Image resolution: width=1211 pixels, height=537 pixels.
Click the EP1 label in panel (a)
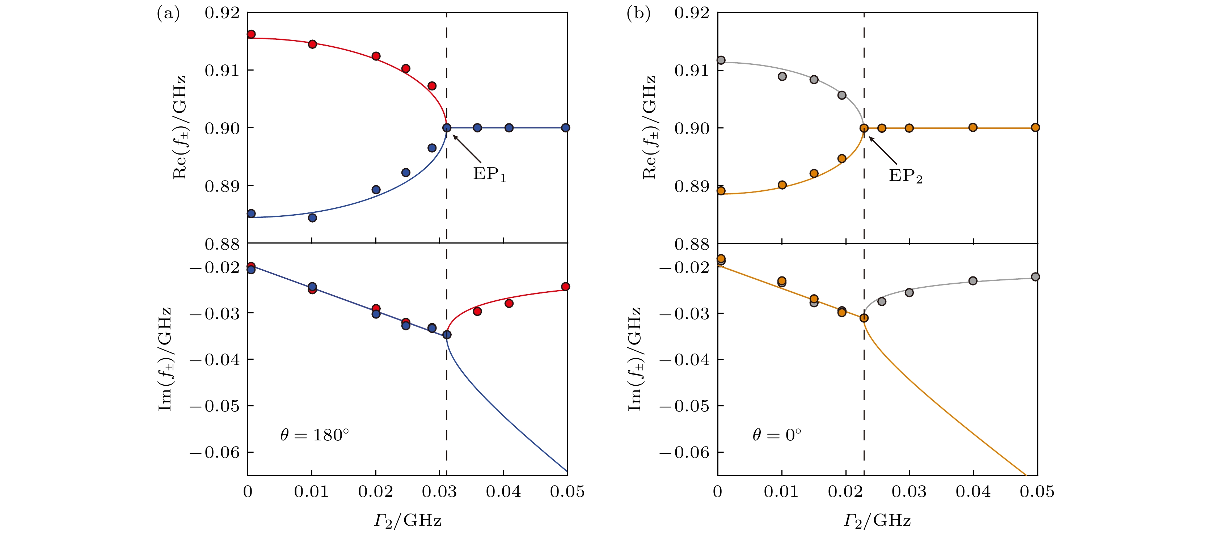click(489, 174)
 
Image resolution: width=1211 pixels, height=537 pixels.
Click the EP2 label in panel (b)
click(905, 176)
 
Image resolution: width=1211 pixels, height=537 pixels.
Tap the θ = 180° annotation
click(315, 435)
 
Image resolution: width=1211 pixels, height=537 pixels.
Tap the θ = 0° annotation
click(777, 435)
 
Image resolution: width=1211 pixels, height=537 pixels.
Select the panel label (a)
click(168, 14)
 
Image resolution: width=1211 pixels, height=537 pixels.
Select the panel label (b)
click(638, 14)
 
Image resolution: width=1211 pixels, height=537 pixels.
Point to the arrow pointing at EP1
click(467, 149)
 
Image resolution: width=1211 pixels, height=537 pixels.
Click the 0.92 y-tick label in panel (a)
click(222, 13)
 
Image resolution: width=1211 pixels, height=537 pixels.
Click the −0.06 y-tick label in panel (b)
click(684, 452)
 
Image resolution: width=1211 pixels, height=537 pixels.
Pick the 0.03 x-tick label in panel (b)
click(909, 492)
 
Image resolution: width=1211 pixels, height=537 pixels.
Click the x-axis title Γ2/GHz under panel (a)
click(408, 521)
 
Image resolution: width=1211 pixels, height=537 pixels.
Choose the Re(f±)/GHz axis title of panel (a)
click(180, 127)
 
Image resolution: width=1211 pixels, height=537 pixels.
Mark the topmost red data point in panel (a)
click(251, 34)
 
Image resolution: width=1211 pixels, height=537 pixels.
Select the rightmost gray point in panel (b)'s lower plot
click(1035, 277)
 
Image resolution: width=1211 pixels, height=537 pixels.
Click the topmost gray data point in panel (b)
click(721, 60)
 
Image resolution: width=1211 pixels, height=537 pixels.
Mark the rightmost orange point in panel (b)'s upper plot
click(1035, 127)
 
